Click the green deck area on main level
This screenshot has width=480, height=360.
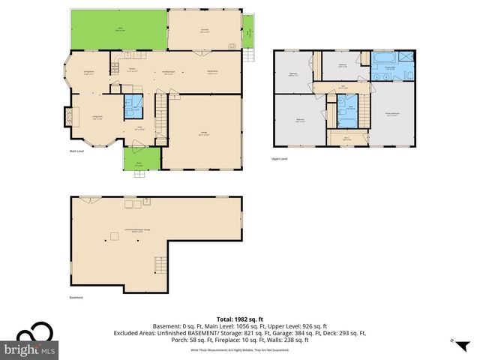118,30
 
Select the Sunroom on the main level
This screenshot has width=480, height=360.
203,31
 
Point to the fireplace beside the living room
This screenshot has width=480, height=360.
68,116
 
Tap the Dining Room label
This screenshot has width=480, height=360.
88,73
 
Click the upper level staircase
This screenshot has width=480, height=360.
364,113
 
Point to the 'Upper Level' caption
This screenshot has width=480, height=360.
279,158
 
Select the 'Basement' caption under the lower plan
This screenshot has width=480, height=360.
76,297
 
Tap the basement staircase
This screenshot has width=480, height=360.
159,264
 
